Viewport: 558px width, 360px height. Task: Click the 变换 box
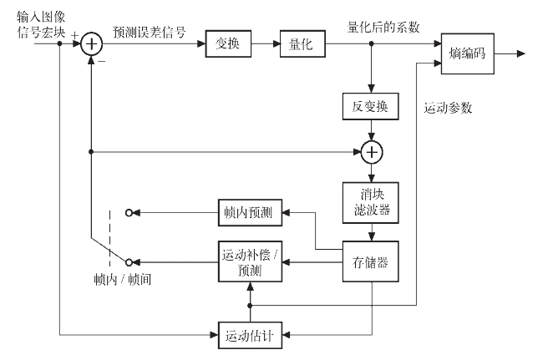pos(228,45)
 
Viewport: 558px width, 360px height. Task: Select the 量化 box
pos(301,45)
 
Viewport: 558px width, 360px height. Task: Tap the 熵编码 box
pos(467,54)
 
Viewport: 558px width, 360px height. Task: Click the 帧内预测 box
pos(251,213)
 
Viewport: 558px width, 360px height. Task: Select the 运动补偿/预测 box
pos(251,261)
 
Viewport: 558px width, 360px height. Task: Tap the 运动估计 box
pos(251,336)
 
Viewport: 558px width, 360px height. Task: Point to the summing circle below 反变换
pos(371,152)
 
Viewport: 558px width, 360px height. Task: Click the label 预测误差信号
pos(150,32)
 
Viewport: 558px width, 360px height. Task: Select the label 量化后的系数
pos(383,27)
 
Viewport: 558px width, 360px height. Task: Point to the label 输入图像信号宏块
pos(38,23)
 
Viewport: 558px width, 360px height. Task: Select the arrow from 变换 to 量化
pos(265,45)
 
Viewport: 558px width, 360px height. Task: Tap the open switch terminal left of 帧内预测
pos(128,213)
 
